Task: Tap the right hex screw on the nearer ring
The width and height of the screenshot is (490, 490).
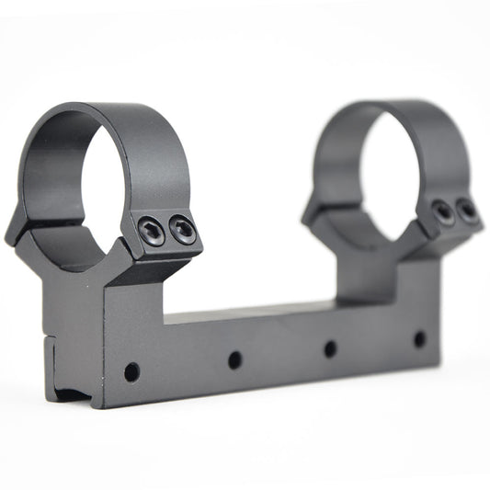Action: pos(183,229)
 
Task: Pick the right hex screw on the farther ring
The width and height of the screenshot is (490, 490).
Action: pos(467,211)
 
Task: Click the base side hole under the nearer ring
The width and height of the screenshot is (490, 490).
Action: pos(131,372)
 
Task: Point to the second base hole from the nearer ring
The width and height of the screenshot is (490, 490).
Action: pos(234,359)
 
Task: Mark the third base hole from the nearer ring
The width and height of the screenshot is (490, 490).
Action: pos(330,348)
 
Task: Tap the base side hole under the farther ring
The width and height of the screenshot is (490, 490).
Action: pos(419,338)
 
